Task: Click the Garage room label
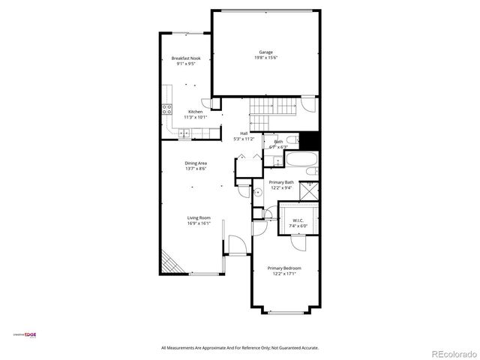pos(265,52)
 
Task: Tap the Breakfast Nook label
pos(185,58)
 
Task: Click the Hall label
pos(244,133)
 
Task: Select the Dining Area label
pos(196,163)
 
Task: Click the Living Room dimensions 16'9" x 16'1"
pos(199,223)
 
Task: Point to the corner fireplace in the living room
pos(171,262)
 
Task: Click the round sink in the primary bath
pos(256,192)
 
